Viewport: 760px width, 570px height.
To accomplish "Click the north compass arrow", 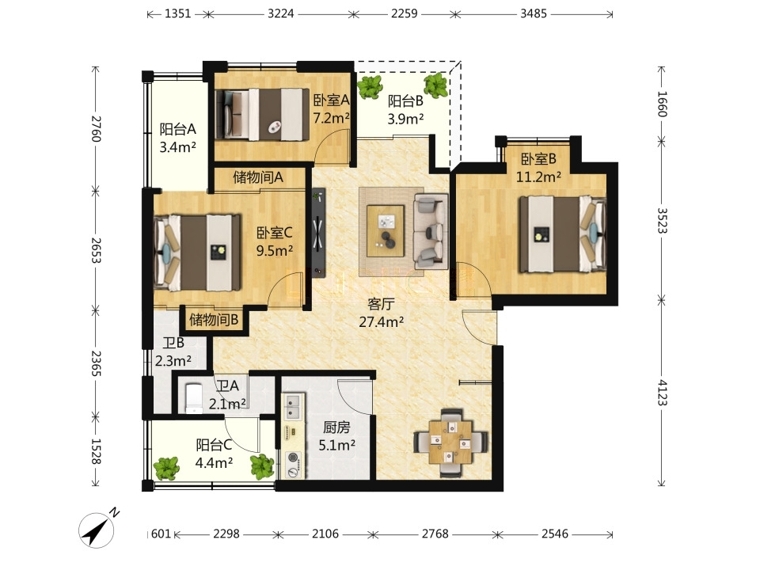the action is (x=97, y=530).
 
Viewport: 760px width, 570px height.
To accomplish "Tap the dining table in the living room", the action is (x=450, y=442).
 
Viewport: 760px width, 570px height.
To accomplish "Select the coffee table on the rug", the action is (x=386, y=230).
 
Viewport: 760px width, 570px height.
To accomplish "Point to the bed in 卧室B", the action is (x=563, y=234).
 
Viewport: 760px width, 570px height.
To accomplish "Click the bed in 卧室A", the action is (x=262, y=114).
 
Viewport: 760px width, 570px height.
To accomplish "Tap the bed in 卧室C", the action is (x=197, y=253).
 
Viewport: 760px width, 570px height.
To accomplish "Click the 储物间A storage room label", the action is (x=258, y=177).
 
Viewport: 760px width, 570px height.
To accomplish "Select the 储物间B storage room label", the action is (x=213, y=319).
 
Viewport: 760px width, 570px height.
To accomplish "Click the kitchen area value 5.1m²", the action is (x=337, y=444).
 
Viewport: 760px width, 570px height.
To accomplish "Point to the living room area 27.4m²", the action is (x=382, y=321).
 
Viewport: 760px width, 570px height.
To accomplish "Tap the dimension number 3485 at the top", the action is (x=533, y=13).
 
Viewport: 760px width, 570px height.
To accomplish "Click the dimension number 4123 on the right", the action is (x=662, y=393).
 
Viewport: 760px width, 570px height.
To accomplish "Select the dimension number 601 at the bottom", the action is (x=161, y=534).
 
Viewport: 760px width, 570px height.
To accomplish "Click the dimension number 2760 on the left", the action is (x=96, y=128).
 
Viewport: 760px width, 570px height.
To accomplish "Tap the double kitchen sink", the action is (x=293, y=406).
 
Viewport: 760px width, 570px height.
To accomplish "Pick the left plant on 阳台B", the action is (x=370, y=87).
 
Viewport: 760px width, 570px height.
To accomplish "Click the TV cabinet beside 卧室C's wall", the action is (x=318, y=233).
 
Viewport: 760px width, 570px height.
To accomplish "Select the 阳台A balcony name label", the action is (x=178, y=129).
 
